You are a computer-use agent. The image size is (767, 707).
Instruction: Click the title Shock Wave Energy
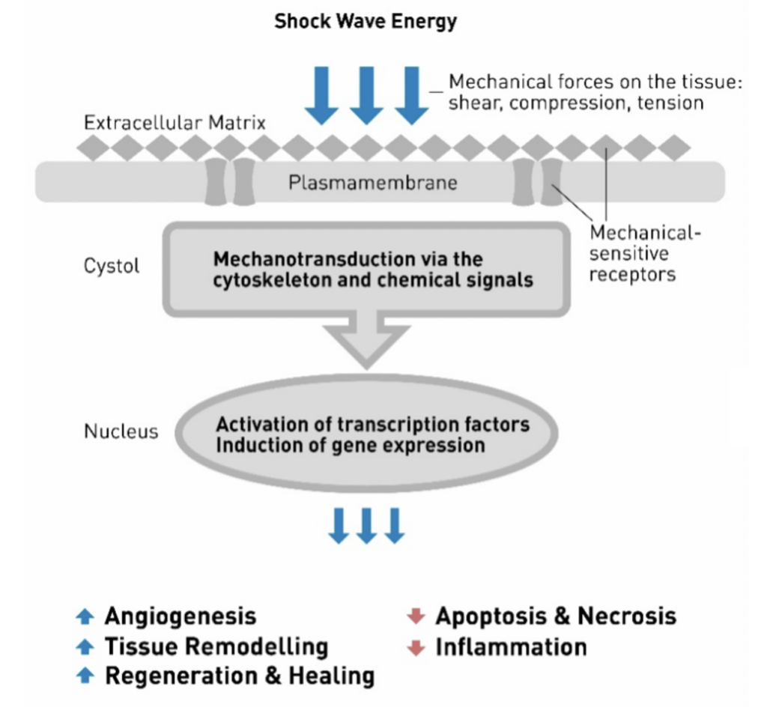pos(365,21)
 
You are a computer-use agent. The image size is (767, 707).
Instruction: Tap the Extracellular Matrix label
pos(175,123)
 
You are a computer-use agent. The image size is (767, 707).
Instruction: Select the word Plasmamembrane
pos(372,182)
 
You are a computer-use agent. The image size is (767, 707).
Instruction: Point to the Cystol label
pos(112,266)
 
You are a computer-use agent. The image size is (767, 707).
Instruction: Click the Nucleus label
pos(121,431)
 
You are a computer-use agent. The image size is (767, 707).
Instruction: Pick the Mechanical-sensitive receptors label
pos(643,253)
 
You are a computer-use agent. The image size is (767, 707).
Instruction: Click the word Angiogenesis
pos(180,616)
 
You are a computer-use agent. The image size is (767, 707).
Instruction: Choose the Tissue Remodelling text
pos(216,646)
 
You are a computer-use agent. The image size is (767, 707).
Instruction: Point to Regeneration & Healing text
pos(239,676)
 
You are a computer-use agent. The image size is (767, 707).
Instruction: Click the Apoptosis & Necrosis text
pos(555,616)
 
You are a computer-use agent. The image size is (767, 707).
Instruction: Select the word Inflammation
pos(511,646)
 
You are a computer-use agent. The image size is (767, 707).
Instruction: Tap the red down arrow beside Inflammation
pos(415,647)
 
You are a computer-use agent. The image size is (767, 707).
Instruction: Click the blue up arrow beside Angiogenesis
pos(86,617)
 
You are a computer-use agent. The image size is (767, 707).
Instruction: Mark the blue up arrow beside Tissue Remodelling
pos(86,647)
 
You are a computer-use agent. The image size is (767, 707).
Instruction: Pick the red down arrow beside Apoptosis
pos(415,617)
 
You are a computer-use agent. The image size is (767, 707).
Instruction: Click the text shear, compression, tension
pos(575,103)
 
